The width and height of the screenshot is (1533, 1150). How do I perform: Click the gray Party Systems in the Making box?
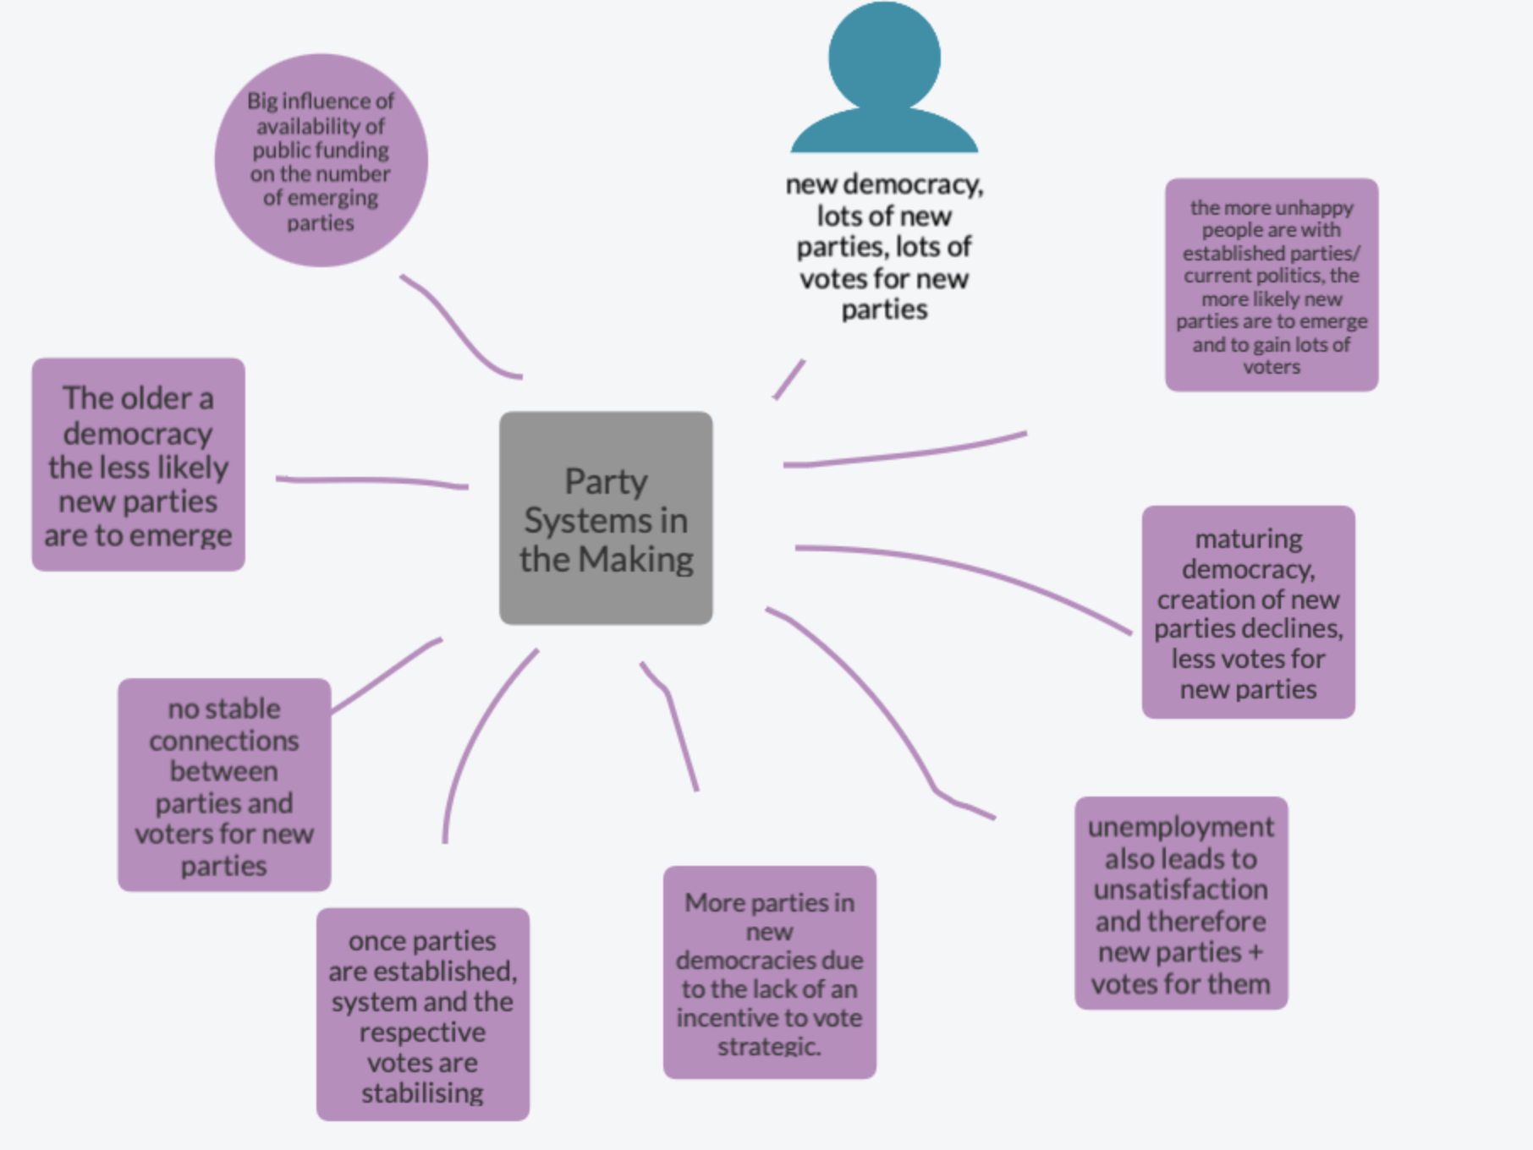606,517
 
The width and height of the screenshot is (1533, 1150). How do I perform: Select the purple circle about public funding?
321,161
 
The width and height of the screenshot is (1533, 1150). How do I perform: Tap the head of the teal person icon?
884,55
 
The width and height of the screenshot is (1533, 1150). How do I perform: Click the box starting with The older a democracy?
138,464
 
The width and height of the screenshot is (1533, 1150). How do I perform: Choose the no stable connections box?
224,785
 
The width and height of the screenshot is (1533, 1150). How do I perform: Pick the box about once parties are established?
423,1015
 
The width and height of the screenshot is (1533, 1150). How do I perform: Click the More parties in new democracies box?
769,972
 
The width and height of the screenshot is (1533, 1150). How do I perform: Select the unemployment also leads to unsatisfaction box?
1181,903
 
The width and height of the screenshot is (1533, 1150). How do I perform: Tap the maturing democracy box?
1248,612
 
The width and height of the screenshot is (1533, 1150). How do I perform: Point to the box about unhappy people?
1272,285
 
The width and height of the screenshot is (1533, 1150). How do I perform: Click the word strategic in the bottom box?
769,1047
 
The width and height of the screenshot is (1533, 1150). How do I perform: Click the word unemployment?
1181,827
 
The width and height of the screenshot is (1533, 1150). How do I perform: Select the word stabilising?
423,1092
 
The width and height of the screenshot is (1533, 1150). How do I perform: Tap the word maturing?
1249,539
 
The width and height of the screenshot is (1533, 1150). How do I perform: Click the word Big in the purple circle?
262,101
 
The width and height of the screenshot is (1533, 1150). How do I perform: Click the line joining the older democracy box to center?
372,481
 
